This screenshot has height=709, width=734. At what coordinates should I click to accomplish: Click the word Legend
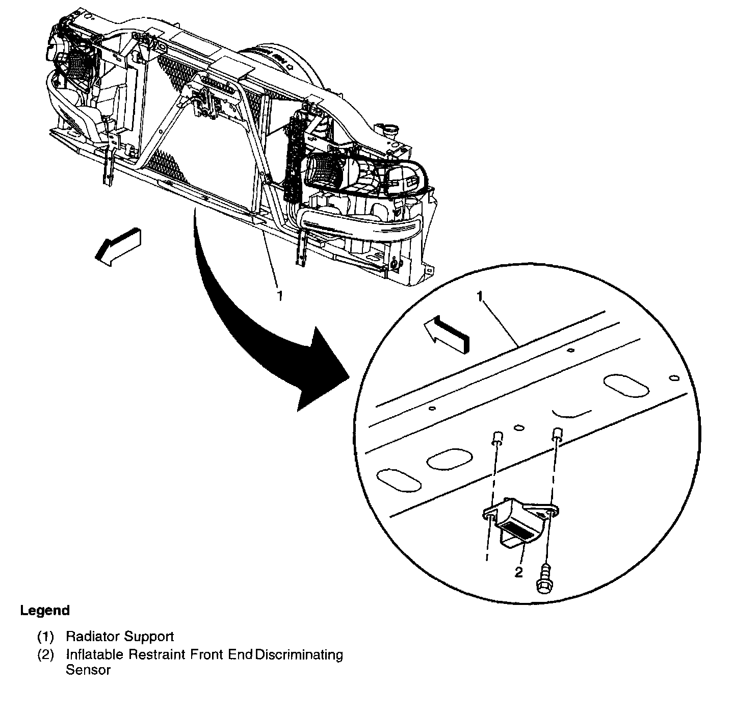pos(45,611)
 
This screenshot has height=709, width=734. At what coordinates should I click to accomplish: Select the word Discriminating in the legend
pos(299,654)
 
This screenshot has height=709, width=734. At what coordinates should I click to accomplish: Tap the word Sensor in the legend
pos(88,670)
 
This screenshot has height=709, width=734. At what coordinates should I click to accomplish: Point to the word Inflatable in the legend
pos(95,654)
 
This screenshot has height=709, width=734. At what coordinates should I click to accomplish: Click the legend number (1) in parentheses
pos(45,637)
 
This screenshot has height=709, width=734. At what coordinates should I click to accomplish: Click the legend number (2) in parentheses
pos(45,654)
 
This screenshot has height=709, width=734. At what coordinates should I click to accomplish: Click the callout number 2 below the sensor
pos(518,572)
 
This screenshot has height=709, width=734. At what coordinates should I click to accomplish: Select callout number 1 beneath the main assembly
pos(279,295)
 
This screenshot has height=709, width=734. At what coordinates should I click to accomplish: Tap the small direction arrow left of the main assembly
pos(119,246)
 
